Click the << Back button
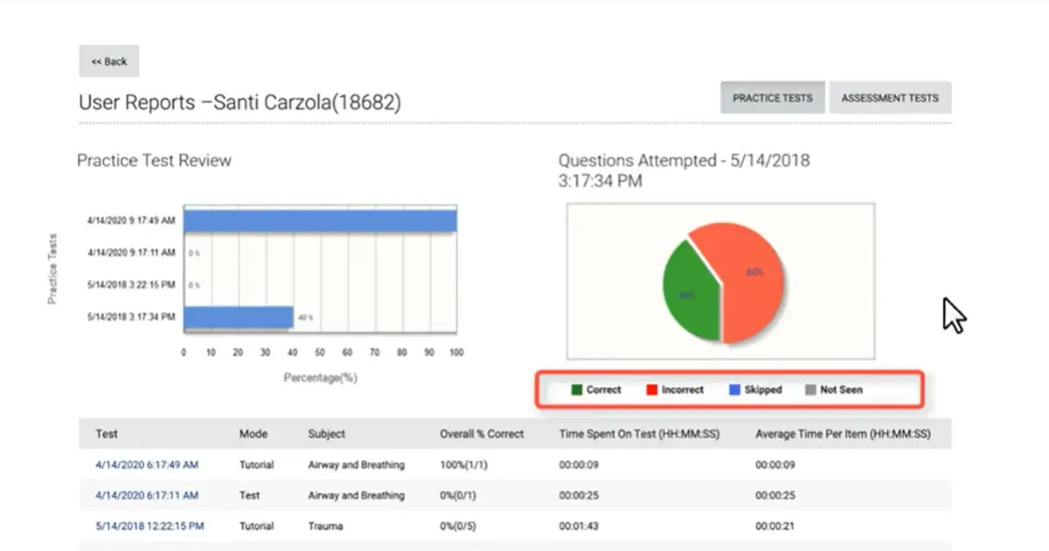[109, 61]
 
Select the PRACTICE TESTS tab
[773, 98]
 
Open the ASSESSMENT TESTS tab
[890, 98]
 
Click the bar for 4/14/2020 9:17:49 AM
[320, 220]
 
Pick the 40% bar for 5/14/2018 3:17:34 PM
[238, 317]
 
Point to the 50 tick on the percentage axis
[320, 352]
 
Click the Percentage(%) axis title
[320, 378]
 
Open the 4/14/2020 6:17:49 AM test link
[147, 464]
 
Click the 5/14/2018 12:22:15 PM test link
[149, 526]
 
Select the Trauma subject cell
[325, 526]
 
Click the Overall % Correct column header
[482, 434]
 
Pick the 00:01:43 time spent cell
[578, 526]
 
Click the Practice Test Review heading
[155, 161]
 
